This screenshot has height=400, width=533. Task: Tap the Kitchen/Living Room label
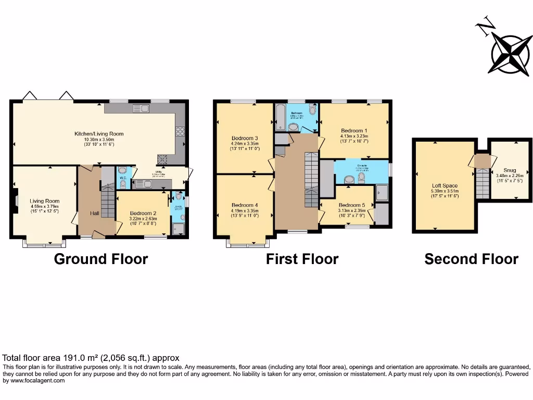[x=99, y=134]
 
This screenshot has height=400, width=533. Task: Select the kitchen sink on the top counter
[x=141, y=108]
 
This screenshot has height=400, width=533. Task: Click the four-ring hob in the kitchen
[x=181, y=132]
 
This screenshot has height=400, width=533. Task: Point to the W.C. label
[x=123, y=178]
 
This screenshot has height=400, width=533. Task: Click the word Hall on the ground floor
[x=94, y=213]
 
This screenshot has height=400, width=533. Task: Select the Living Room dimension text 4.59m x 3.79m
[x=44, y=206]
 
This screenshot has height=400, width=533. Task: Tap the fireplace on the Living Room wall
[x=16, y=200]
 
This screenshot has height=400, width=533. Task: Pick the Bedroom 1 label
[x=354, y=131]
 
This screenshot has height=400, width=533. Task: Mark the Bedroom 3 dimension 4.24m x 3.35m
[x=245, y=144]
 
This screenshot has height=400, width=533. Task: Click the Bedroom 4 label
[x=245, y=205]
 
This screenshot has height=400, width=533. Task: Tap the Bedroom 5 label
[x=351, y=205]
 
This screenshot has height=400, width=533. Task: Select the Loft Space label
[x=445, y=185]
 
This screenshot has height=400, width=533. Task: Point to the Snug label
[x=511, y=170]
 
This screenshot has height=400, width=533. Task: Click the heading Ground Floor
[x=101, y=259]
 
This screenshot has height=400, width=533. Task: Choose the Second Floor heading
[x=471, y=259]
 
